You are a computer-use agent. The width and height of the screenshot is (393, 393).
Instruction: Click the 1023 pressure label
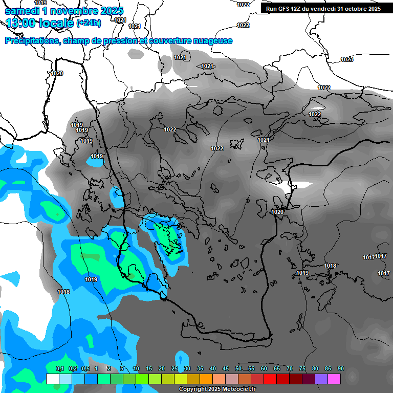[346, 59]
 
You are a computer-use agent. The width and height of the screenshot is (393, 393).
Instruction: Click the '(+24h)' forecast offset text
[89, 23]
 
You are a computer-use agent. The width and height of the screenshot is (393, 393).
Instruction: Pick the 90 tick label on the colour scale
[340, 368]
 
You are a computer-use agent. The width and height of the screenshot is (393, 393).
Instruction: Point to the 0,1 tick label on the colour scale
[59, 368]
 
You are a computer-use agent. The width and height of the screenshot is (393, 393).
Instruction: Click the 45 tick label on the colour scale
[226, 368]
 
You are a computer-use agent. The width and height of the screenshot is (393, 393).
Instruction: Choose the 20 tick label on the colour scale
[162, 368]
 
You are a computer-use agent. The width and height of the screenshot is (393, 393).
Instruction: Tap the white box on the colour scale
[52, 379]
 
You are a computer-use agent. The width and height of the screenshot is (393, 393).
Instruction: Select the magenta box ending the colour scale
[334, 379]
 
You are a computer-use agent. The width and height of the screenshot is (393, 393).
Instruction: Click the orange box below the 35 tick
[193, 379]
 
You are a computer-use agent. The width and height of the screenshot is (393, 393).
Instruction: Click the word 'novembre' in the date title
[76, 10]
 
